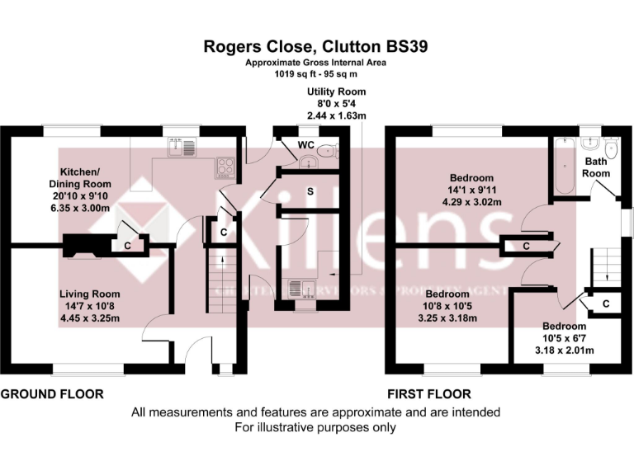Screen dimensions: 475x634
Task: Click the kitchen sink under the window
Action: click(181, 148)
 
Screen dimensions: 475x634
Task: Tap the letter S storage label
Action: click(310, 190)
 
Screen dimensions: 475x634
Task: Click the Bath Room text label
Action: click(596, 167)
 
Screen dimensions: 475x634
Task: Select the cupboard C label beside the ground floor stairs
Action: click(223, 233)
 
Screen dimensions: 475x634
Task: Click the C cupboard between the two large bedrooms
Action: click(526, 245)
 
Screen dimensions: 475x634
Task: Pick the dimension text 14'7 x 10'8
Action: click(89, 306)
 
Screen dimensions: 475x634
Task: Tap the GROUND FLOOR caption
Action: click(52, 394)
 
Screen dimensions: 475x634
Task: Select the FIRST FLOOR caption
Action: click(428, 394)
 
